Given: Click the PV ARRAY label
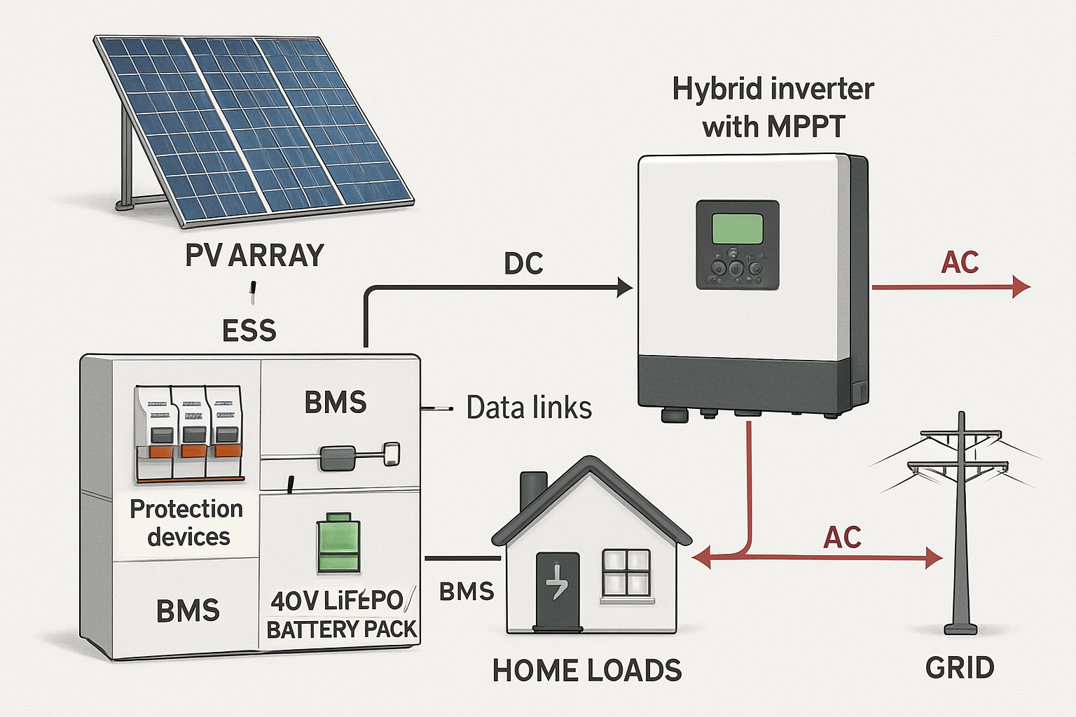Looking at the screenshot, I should click(254, 256).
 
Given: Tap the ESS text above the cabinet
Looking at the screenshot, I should click(249, 330).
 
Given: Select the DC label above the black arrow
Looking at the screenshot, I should click(523, 264).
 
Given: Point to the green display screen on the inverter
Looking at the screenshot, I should click(737, 229).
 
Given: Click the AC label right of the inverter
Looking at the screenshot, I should click(959, 263).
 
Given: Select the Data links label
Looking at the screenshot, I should click(529, 408).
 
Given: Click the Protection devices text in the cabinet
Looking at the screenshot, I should click(187, 522).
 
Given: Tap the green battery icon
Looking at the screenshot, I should click(339, 544).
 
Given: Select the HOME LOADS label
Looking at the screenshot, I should click(586, 671).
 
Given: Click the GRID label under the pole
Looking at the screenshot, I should click(960, 668).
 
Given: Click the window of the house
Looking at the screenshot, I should click(626, 573).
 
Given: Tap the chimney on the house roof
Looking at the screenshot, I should click(532, 491).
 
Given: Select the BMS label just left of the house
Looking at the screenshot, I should click(467, 592).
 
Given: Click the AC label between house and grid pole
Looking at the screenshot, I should click(842, 538).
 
